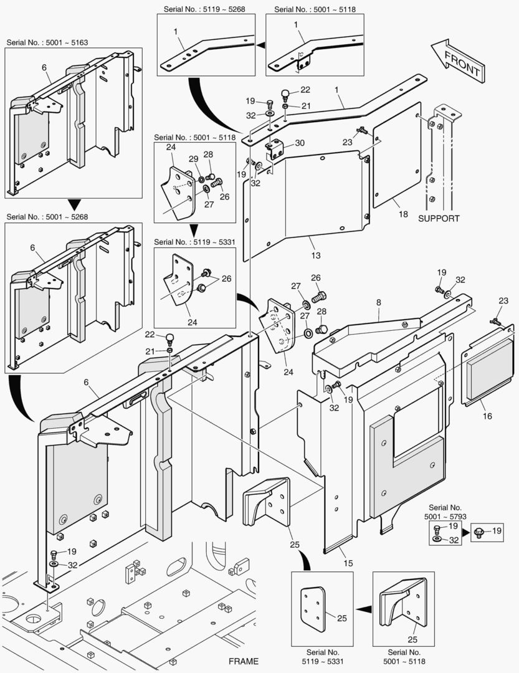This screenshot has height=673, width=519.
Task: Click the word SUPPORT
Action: point(439,218)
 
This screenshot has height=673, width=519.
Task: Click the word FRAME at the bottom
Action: point(243,661)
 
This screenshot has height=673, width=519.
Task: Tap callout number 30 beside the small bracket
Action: point(300,143)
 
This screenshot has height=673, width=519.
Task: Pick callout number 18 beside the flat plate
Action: point(403,214)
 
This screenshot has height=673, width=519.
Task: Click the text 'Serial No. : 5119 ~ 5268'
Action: point(206,9)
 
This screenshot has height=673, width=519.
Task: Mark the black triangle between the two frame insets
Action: point(75,204)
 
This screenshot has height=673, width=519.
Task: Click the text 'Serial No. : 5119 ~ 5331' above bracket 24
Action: point(194,242)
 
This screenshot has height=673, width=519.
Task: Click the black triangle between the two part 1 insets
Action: point(260,45)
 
